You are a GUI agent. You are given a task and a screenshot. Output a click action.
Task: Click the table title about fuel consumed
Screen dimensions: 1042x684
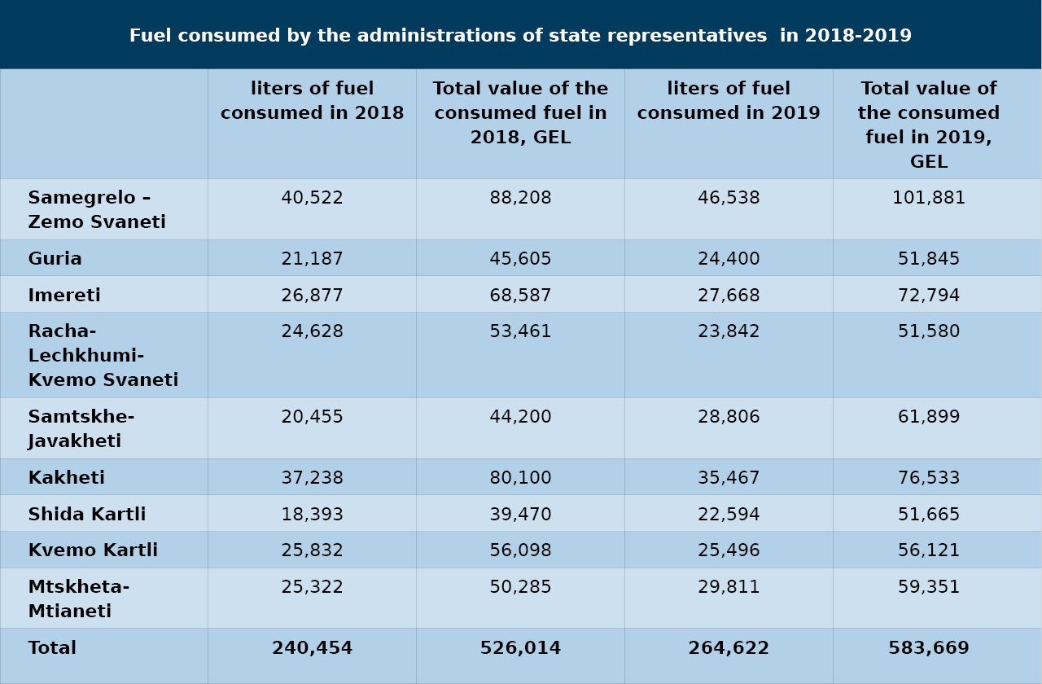pos(520,35)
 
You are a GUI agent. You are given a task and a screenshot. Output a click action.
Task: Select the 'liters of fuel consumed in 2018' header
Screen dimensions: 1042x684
pos(312,100)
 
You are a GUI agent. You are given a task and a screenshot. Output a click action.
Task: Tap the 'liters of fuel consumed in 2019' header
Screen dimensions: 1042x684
pos(729,100)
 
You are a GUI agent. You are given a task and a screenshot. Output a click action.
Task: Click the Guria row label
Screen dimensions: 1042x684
pos(55,258)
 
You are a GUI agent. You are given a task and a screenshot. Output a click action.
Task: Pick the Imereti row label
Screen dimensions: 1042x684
pos(64,295)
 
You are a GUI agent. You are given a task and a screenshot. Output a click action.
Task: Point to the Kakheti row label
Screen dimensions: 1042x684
pos(67,477)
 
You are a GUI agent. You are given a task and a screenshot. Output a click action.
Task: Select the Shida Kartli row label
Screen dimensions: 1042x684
pos(87,514)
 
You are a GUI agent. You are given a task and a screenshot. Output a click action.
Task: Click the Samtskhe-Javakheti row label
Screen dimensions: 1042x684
pos(81,428)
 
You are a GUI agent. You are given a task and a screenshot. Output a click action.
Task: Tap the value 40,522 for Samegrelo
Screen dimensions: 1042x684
pos(312,198)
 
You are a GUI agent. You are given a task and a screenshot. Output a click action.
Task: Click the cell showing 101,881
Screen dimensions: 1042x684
pos(929,198)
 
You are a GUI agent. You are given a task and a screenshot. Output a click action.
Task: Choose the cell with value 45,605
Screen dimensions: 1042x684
pos(520,258)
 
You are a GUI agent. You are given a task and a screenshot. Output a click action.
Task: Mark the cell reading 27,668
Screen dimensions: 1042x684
pos(729,295)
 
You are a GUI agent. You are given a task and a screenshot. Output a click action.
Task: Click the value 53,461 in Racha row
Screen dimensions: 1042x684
pos(520,331)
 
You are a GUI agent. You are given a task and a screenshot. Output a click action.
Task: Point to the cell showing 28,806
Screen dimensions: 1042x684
pos(729,416)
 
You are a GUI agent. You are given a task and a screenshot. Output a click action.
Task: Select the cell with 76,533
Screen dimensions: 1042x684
pos(929,477)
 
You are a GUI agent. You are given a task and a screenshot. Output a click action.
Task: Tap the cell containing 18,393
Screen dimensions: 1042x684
pos(312,514)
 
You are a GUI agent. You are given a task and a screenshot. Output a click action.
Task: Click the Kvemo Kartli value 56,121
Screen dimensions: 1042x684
pos(929,550)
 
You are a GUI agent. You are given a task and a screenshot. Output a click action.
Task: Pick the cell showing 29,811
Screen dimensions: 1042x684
pos(729,587)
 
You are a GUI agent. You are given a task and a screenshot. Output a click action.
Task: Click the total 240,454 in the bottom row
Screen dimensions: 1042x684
pos(312,647)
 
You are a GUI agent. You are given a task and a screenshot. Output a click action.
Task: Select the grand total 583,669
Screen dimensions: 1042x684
pos(929,647)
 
